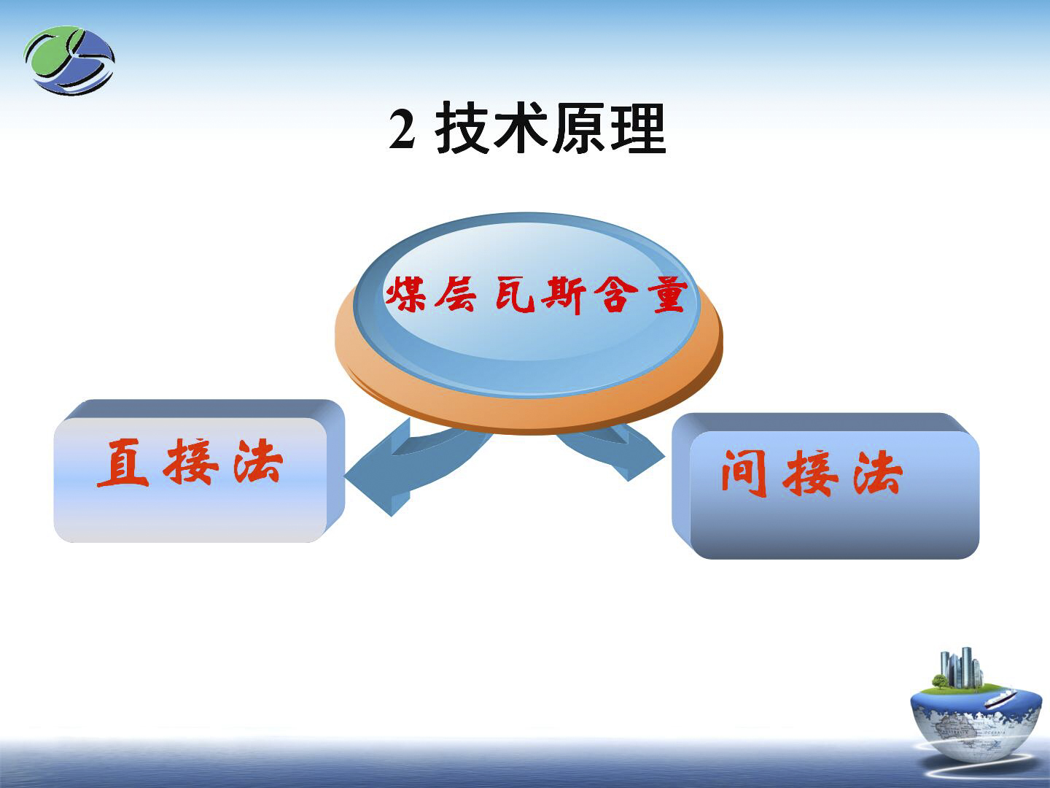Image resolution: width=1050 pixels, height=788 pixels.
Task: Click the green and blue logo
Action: coord(69,61)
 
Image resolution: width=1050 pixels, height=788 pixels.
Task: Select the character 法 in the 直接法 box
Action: coord(258,462)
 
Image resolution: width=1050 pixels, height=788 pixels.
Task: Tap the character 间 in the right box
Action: coord(744,474)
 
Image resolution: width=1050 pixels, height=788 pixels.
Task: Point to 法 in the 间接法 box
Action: coord(878,474)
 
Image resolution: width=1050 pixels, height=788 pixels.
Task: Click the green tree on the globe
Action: coord(939,681)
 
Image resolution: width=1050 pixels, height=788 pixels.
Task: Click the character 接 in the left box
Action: coord(191,462)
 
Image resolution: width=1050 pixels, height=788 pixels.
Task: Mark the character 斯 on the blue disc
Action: coord(564,295)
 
